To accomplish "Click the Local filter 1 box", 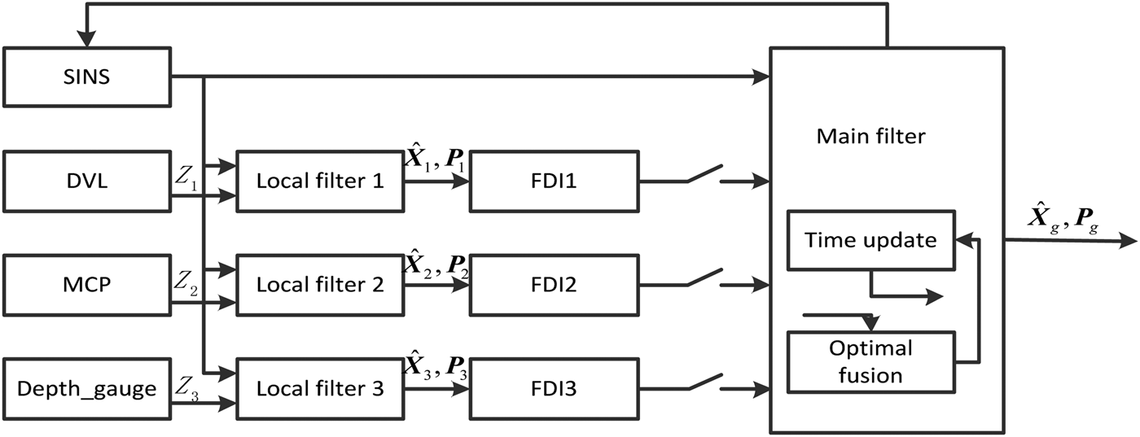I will [x=320, y=181].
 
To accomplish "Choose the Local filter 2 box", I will [x=320, y=285].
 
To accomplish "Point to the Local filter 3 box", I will [x=320, y=388].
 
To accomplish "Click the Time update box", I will [x=870, y=240].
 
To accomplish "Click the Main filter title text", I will [x=870, y=136].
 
